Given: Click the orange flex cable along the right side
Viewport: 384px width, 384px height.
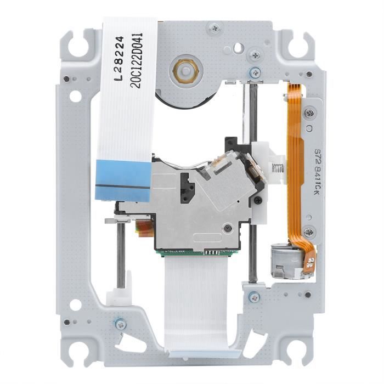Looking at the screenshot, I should click(x=296, y=159).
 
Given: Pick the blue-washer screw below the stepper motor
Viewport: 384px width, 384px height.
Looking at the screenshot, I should click(x=253, y=297).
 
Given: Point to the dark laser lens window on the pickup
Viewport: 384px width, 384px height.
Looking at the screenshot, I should click(x=187, y=187).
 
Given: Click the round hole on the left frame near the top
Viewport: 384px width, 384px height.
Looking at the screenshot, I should click(x=75, y=97).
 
